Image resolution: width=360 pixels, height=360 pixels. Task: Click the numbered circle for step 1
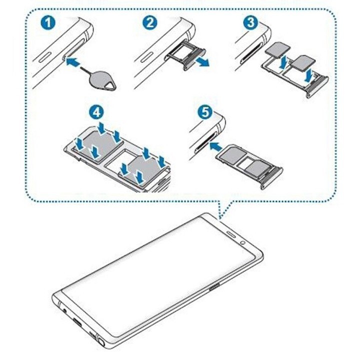(x=47, y=23)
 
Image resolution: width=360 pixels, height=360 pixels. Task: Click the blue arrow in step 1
(x=74, y=62)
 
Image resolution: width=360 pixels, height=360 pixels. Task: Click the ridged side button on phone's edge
(x=214, y=288)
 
